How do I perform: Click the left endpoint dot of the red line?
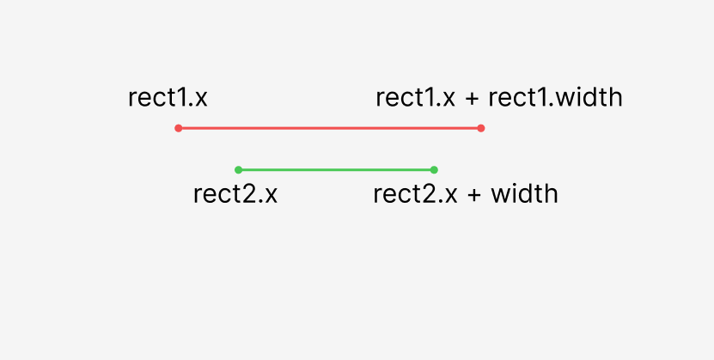(x=179, y=128)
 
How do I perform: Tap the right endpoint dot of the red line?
(x=481, y=128)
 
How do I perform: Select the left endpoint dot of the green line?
(x=238, y=170)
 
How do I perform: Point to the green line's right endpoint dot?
(x=434, y=170)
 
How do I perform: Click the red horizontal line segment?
(x=330, y=128)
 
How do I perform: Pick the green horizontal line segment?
(x=336, y=170)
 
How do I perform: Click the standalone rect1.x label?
(x=168, y=98)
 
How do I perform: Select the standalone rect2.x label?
(x=235, y=194)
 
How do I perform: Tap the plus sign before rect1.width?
(x=472, y=99)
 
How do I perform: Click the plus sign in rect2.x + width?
(x=473, y=196)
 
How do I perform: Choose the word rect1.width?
(x=555, y=98)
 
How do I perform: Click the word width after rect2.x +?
(x=525, y=194)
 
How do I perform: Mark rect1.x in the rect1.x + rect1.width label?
(x=415, y=98)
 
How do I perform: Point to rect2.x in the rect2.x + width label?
(x=415, y=194)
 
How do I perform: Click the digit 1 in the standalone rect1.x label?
(x=180, y=98)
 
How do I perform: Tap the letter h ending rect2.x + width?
(x=552, y=194)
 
